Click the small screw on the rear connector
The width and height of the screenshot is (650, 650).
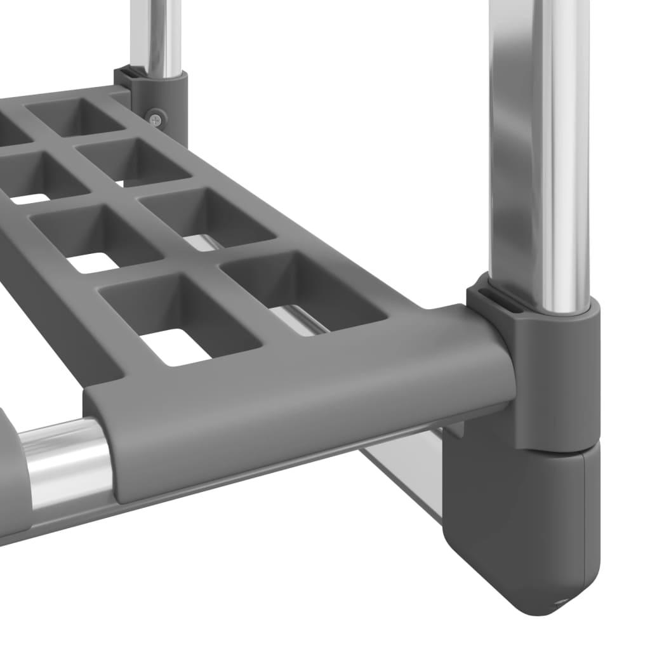tap(156, 117)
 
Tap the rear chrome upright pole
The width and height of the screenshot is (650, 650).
tap(156, 35)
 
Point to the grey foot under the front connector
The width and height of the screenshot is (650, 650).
tap(521, 527)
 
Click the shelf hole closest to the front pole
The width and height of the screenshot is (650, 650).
tap(305, 289)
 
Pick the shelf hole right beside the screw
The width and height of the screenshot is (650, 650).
tap(76, 117)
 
